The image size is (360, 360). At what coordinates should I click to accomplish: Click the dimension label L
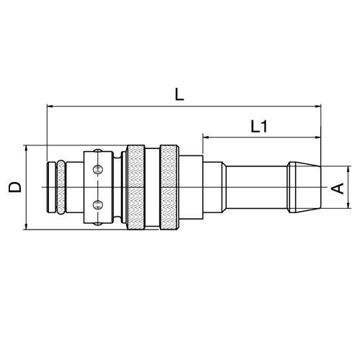[x=179, y=94]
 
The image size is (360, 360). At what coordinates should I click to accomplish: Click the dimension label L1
[x=259, y=127]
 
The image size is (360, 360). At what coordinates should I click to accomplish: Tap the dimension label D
[x=15, y=187]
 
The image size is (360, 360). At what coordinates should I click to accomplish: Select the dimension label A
[x=338, y=188]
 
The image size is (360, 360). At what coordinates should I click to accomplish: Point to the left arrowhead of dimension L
[x=50, y=106]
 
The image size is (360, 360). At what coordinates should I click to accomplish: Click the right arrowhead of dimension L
[x=318, y=106]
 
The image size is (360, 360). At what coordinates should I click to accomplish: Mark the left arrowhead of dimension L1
[x=206, y=138]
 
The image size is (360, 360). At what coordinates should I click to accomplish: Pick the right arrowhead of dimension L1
[x=318, y=138]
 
